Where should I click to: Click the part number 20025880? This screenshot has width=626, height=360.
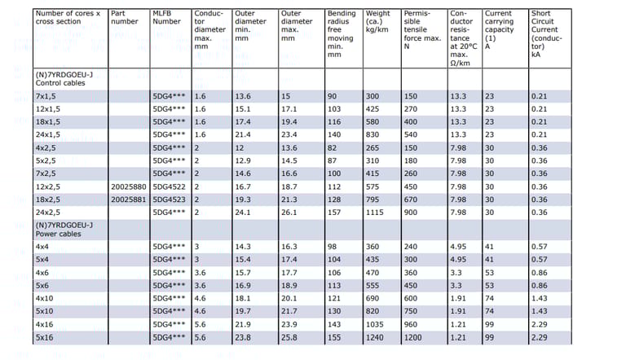click(128, 187)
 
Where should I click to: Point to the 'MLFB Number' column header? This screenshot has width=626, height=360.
click(167, 18)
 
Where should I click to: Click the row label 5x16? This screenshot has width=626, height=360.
click(45, 337)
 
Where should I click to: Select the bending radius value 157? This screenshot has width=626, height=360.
click(334, 212)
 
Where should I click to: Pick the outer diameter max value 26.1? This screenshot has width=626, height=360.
click(289, 212)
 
